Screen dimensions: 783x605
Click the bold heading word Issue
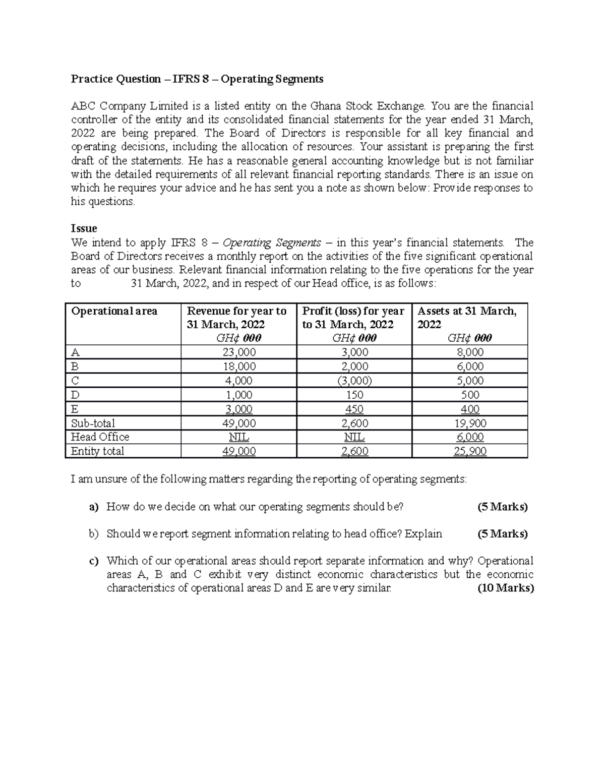point(84,228)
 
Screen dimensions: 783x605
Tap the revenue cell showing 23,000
point(239,352)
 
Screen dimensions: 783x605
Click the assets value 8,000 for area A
point(469,352)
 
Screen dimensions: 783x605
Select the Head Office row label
point(100,437)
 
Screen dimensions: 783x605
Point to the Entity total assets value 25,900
point(469,451)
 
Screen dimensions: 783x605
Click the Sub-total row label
point(93,423)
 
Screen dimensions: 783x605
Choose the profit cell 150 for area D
point(354,395)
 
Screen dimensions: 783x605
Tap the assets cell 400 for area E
point(469,409)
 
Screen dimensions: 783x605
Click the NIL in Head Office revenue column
point(239,437)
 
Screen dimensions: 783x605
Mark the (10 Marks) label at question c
point(505,588)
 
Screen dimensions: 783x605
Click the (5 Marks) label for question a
point(502,507)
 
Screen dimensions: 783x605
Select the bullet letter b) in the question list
point(94,533)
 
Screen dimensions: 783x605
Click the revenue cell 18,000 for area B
point(239,367)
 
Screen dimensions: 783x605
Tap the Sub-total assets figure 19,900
point(469,423)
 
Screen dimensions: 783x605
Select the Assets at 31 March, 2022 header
point(467,318)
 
